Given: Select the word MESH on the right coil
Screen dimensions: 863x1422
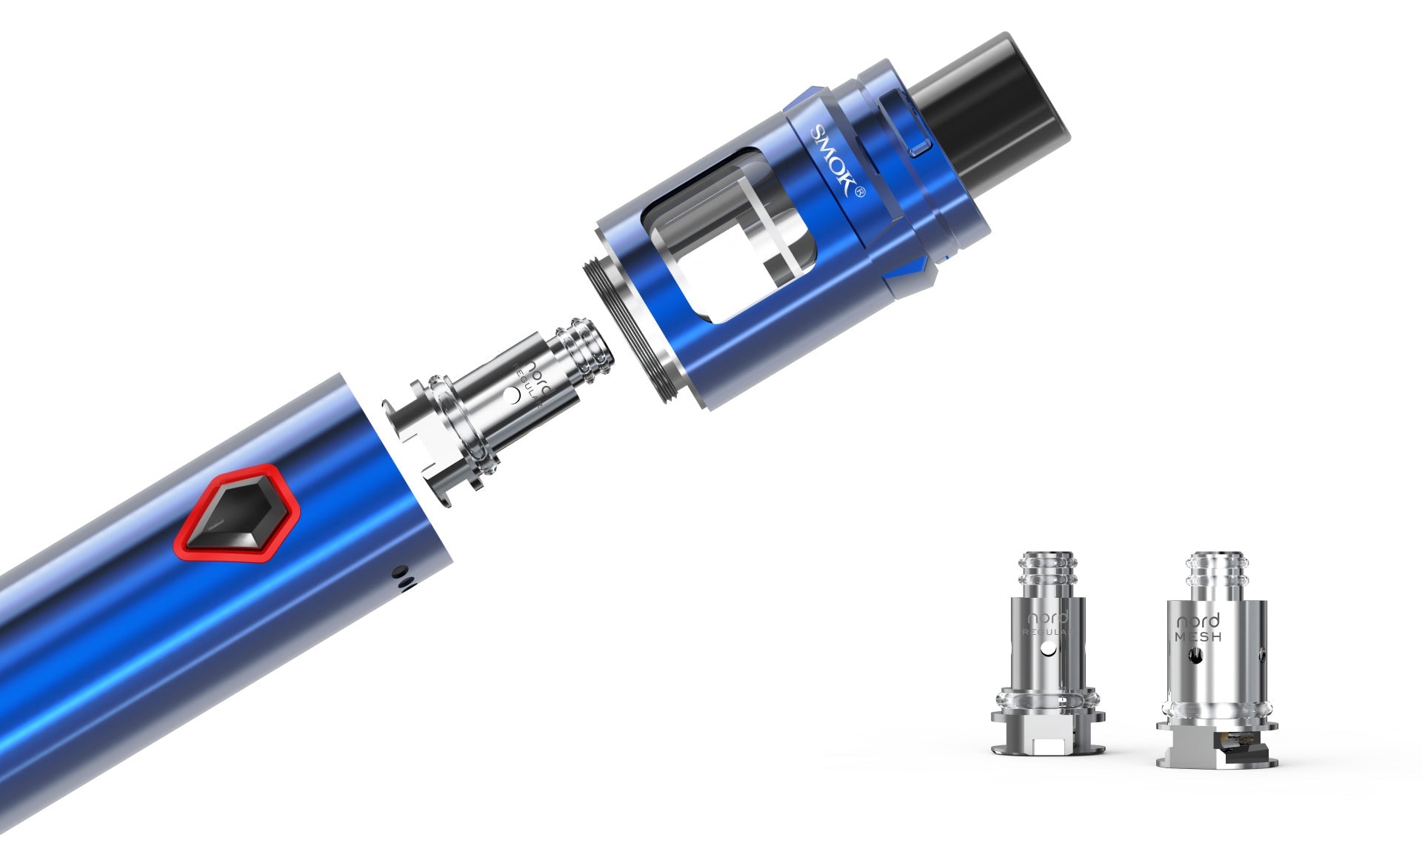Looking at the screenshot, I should [1198, 636].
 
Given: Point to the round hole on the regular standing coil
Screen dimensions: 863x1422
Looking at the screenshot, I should [1047, 650].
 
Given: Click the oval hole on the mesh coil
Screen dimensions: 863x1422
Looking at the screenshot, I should [1196, 655].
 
